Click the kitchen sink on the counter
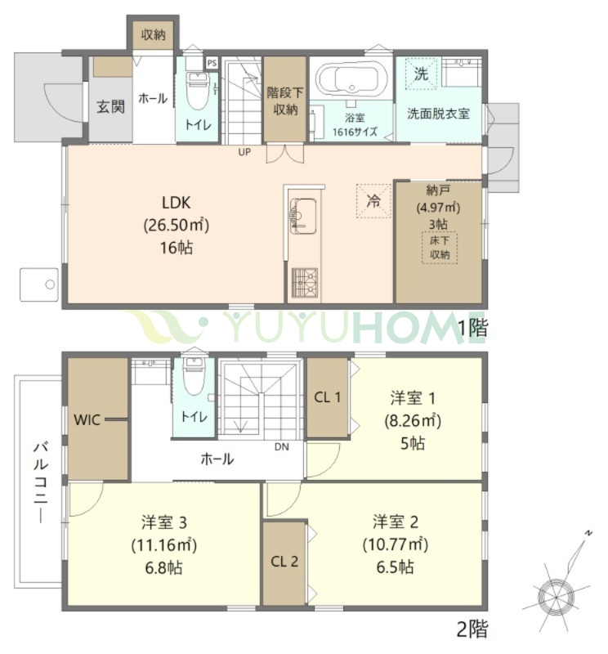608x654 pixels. point(302,215)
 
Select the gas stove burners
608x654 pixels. point(304,281)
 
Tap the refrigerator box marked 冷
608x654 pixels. point(373,199)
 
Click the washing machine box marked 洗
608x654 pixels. point(420,74)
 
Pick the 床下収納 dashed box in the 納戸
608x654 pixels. point(440,248)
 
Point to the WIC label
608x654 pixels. point(87,419)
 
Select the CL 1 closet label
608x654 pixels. point(327,397)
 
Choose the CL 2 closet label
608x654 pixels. point(284,563)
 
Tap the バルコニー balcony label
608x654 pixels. point(38,482)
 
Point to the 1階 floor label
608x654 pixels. point(472,328)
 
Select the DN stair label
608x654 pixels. point(281,447)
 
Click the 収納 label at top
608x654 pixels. point(154,35)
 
